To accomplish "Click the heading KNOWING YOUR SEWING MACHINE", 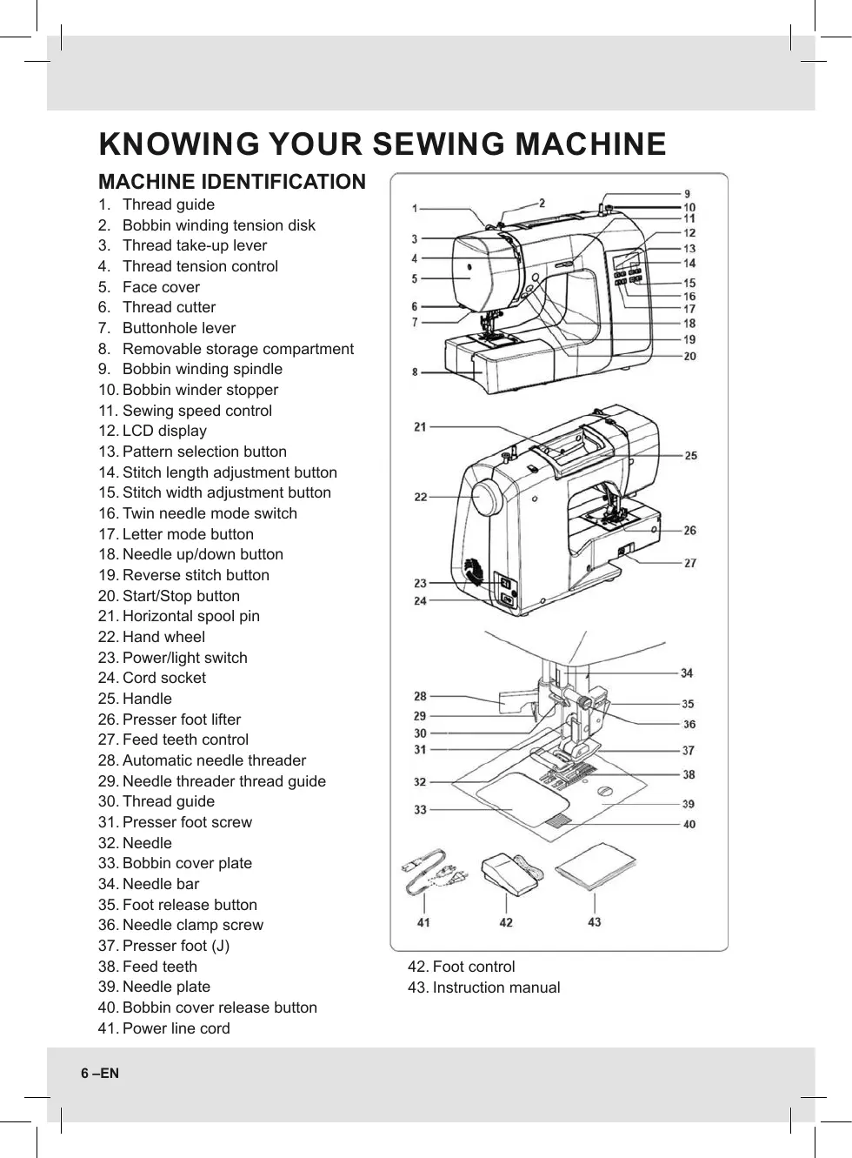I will tap(383, 144).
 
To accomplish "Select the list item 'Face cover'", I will tap(161, 287).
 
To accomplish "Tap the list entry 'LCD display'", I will tap(164, 431).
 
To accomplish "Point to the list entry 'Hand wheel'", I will tap(163, 637).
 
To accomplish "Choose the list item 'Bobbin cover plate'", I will tap(187, 863).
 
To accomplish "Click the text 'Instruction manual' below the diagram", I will tap(496, 987).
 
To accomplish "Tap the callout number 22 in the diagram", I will tap(421, 497).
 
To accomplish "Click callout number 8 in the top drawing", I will tap(415, 372).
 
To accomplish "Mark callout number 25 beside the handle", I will tap(690, 455).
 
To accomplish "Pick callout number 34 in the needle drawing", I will tap(687, 673).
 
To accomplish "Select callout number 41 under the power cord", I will tap(423, 922).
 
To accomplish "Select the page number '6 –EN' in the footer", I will tap(100, 1074).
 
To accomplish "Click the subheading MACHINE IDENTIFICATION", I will tap(232, 182).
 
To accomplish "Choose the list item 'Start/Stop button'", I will tap(181, 596).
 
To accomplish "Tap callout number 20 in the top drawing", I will tap(689, 356).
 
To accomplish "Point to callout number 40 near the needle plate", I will tap(689, 824).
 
